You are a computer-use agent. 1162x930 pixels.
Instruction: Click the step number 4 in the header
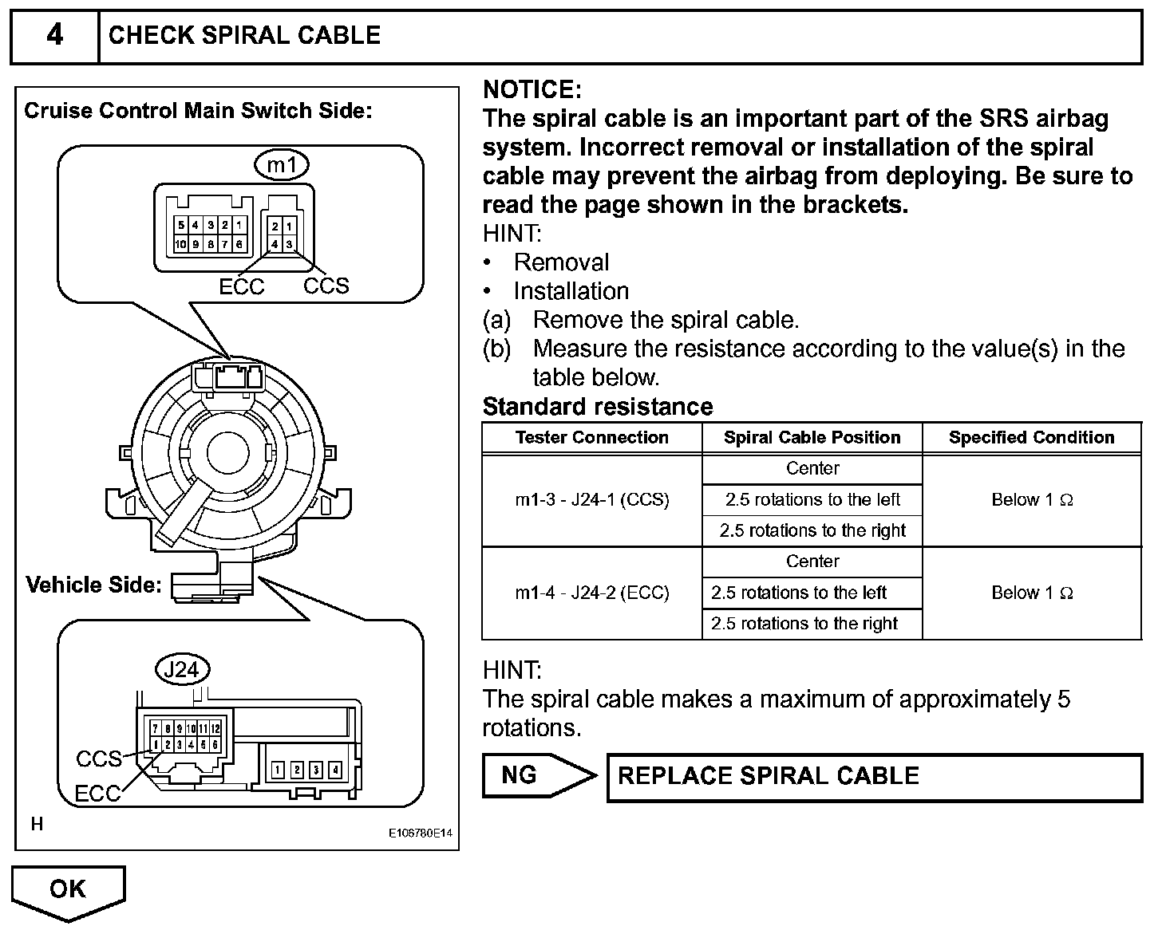point(54,36)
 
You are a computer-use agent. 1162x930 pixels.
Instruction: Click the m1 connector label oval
point(282,165)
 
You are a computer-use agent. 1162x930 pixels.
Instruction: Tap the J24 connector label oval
point(182,669)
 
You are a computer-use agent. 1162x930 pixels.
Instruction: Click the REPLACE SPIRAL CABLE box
point(875,777)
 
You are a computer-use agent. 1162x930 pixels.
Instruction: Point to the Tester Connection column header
point(591,437)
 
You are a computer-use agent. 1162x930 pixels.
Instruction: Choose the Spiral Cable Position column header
point(812,437)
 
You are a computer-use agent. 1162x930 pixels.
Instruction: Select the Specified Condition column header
point(1031,437)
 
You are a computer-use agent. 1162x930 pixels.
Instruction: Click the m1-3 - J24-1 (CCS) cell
point(591,500)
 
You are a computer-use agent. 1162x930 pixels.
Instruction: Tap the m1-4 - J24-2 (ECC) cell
point(591,593)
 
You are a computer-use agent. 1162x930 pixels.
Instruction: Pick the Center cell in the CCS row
point(812,468)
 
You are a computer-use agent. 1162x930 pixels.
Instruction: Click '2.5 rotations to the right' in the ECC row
point(804,624)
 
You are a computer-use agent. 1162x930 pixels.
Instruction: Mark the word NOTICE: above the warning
point(532,89)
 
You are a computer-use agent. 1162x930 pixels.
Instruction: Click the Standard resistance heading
point(597,407)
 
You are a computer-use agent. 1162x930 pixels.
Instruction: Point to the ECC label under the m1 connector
point(241,287)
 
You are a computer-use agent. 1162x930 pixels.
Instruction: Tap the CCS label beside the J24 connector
point(99,759)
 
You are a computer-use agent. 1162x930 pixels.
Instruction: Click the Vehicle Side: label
point(93,585)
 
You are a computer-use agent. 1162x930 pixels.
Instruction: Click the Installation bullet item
point(571,291)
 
